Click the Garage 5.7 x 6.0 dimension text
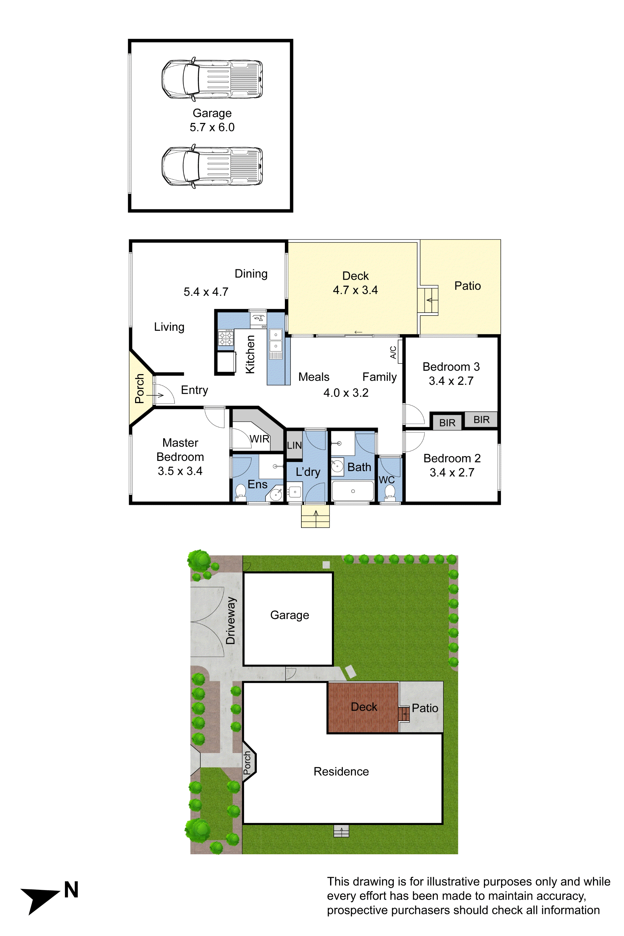coord(212,127)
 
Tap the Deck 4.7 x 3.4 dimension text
coord(355,290)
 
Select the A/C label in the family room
coord(393,352)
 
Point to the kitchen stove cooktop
coord(226,338)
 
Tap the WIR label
coord(260,439)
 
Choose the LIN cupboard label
coord(294,445)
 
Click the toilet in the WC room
coord(390,492)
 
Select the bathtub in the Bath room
coord(353,491)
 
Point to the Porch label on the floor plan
coord(139,388)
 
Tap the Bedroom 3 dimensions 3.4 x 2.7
coord(451,381)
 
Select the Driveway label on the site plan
coord(231,621)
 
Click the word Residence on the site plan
coord(341,771)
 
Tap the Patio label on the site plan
coord(425,708)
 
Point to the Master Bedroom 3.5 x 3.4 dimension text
coord(180,471)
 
